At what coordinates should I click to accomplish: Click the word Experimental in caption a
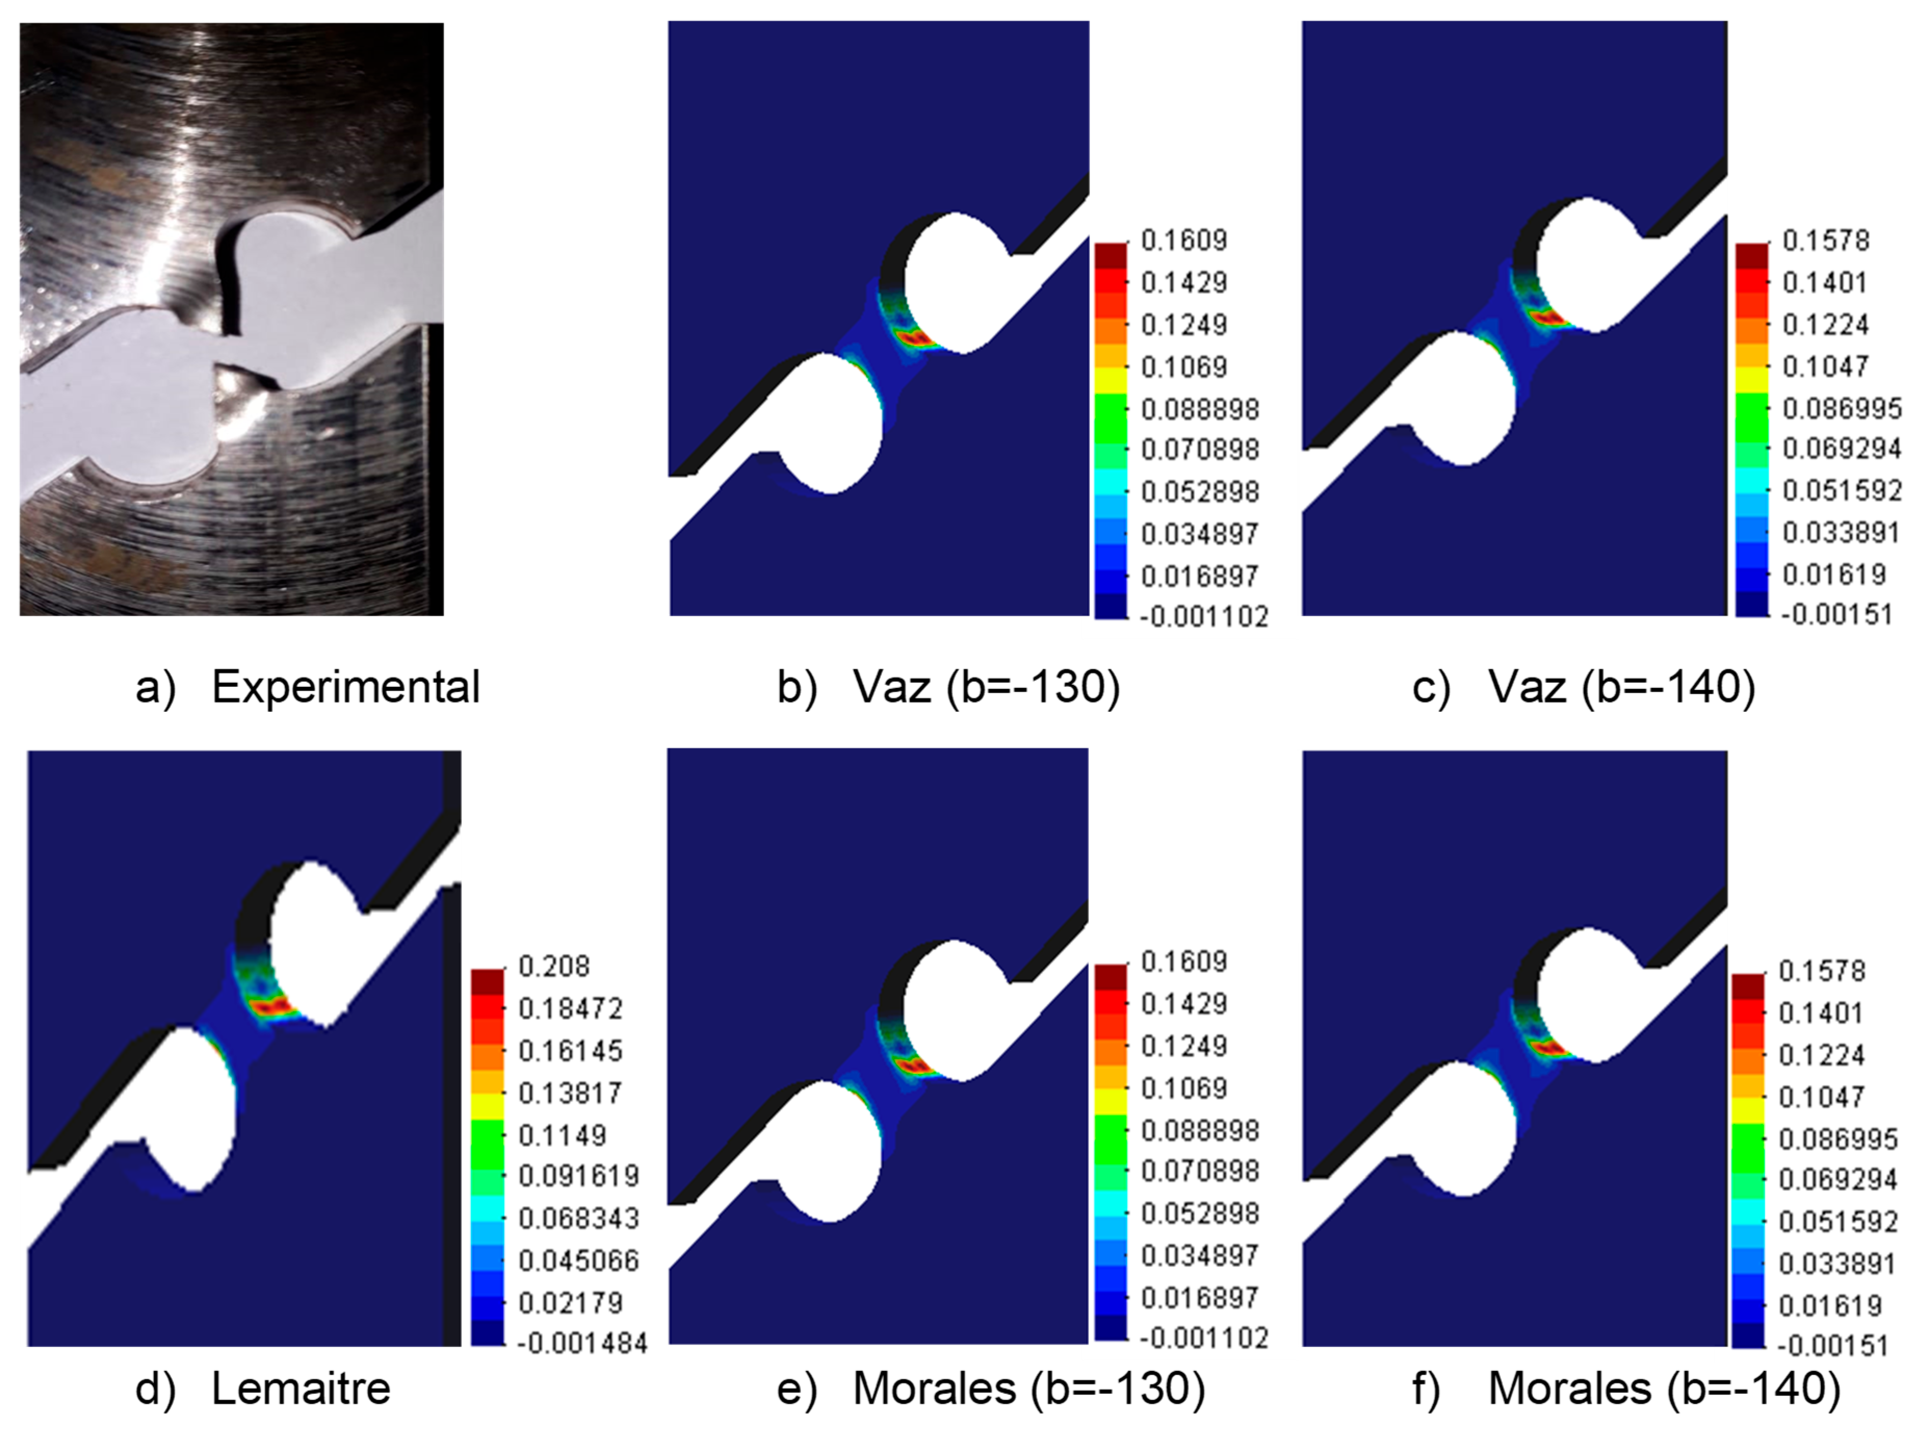pos(345,688)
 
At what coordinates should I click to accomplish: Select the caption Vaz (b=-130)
pos(987,687)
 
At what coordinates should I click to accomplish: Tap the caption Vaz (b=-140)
pos(1621,687)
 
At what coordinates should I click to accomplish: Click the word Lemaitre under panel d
pos(301,1388)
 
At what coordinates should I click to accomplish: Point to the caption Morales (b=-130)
pos(1029,1388)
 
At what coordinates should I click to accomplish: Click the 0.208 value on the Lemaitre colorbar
pos(554,966)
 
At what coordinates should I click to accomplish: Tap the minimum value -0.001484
pos(582,1344)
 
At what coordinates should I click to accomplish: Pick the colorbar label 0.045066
pos(578,1260)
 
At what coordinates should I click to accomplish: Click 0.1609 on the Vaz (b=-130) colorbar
pos(1184,240)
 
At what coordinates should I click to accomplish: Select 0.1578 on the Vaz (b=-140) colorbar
pos(1826,240)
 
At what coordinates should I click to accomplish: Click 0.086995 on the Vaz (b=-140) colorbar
pos(1841,408)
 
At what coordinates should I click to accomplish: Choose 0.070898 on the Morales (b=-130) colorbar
pos(1199,1171)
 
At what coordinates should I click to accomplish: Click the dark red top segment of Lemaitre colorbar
pos(487,982)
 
